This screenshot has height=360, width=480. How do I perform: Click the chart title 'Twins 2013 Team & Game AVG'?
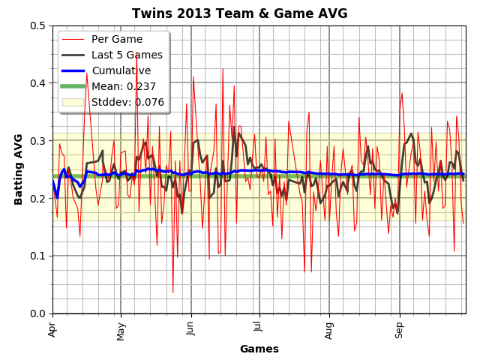(x=240, y=13)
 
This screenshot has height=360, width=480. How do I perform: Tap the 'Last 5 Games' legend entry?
(x=127, y=55)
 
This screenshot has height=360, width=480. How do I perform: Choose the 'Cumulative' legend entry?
(x=121, y=70)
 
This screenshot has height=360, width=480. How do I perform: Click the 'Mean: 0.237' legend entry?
(x=124, y=86)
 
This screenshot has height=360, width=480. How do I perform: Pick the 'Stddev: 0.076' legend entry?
(x=127, y=102)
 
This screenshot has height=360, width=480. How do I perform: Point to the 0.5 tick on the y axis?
(x=37, y=25)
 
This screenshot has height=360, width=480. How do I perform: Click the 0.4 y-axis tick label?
(x=37, y=83)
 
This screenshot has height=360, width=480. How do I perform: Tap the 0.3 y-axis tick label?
(x=37, y=141)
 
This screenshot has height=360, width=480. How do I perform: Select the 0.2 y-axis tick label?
(x=37, y=198)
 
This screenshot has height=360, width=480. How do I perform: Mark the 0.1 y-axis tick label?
(x=37, y=256)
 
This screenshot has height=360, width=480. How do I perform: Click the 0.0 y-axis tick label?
(x=37, y=313)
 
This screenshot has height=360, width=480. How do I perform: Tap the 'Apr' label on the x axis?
(x=52, y=328)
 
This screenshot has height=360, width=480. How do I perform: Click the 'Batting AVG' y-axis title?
(x=19, y=169)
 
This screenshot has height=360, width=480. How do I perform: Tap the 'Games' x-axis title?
(x=259, y=349)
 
